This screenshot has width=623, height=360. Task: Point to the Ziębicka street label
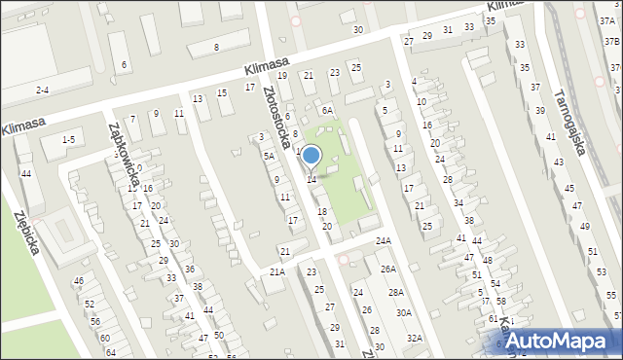(x=26, y=232)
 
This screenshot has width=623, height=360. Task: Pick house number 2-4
(x=42, y=90)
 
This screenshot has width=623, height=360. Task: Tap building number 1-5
(x=68, y=140)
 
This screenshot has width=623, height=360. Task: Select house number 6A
(x=328, y=111)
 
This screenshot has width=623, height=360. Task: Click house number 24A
(x=384, y=240)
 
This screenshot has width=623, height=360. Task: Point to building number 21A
(x=277, y=271)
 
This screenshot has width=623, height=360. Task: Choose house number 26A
(x=387, y=269)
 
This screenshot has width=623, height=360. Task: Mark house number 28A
(x=395, y=292)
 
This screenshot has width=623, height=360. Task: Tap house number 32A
(x=415, y=338)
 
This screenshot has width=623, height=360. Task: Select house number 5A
(x=269, y=156)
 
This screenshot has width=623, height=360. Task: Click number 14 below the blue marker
(x=311, y=180)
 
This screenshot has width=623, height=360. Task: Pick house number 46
(x=79, y=281)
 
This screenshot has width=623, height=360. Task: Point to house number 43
(x=558, y=162)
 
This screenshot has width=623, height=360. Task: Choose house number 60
(x=104, y=338)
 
